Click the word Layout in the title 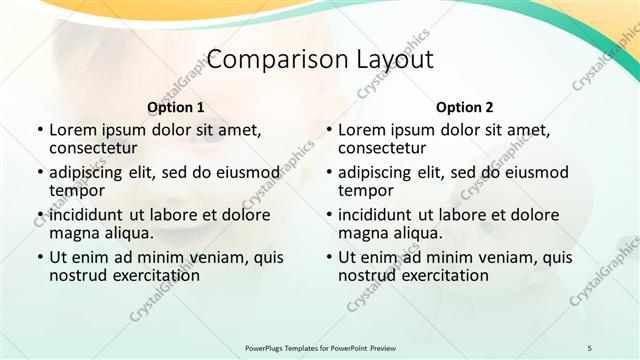point(395,59)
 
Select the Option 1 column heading point(176,107)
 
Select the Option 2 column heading point(465,107)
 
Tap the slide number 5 point(589,347)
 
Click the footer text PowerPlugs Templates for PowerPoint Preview point(319,347)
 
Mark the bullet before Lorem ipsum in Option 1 point(40,130)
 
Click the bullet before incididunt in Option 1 point(40,215)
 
